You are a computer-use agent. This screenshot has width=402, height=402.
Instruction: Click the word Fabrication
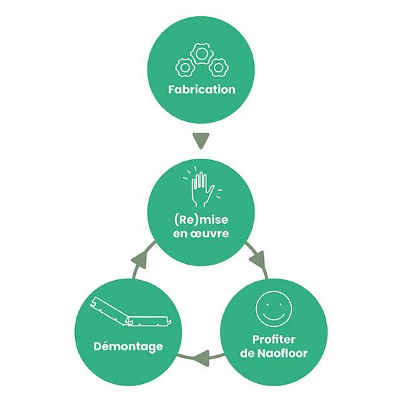[202, 90]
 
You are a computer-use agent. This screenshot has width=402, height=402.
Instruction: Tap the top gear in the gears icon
[201, 54]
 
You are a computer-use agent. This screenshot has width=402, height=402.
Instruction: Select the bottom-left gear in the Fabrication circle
[185, 68]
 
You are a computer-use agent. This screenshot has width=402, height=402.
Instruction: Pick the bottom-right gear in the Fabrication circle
[218, 68]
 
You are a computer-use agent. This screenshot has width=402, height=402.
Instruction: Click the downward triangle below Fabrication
[201, 140]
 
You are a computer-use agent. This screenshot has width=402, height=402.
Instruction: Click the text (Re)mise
[201, 220]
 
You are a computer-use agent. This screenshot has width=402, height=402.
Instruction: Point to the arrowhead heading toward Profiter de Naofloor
[257, 259]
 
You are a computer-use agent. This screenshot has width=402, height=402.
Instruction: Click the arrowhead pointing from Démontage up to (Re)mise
[140, 259]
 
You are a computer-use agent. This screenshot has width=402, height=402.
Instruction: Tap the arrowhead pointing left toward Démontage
[201, 358]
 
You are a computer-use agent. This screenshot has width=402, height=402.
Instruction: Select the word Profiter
[273, 340]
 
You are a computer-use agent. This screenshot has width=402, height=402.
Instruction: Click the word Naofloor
[282, 353]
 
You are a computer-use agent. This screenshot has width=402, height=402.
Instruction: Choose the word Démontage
[128, 346]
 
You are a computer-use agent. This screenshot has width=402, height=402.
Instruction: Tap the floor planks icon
[131, 312]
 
